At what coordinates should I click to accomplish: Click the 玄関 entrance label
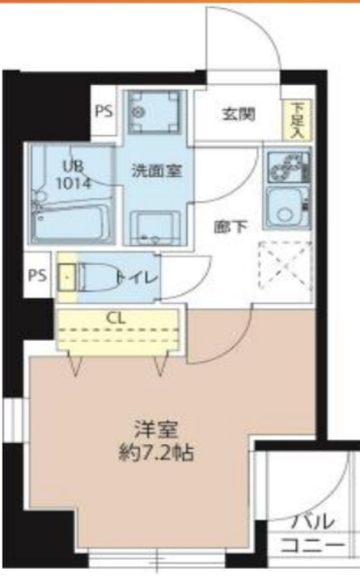tap(239, 114)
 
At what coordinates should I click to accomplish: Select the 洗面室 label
tap(151, 168)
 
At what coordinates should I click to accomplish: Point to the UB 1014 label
tap(71, 172)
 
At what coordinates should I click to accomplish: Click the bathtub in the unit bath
tap(71, 217)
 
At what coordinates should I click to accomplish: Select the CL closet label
tap(116, 318)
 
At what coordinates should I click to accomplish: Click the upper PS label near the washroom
tap(102, 113)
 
